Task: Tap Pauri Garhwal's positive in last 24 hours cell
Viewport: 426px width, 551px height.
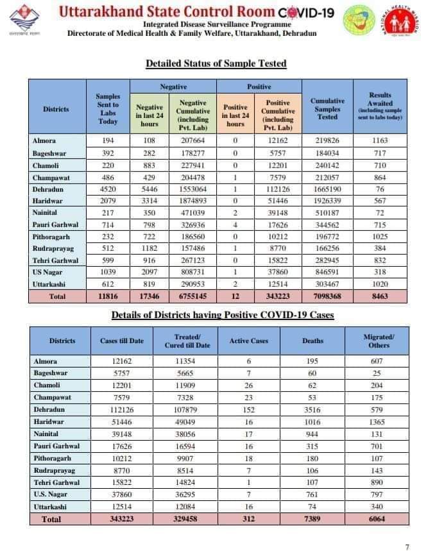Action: [x=235, y=225]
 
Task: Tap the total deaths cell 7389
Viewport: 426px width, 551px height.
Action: [x=313, y=518]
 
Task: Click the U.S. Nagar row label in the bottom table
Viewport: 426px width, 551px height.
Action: [x=47, y=494]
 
